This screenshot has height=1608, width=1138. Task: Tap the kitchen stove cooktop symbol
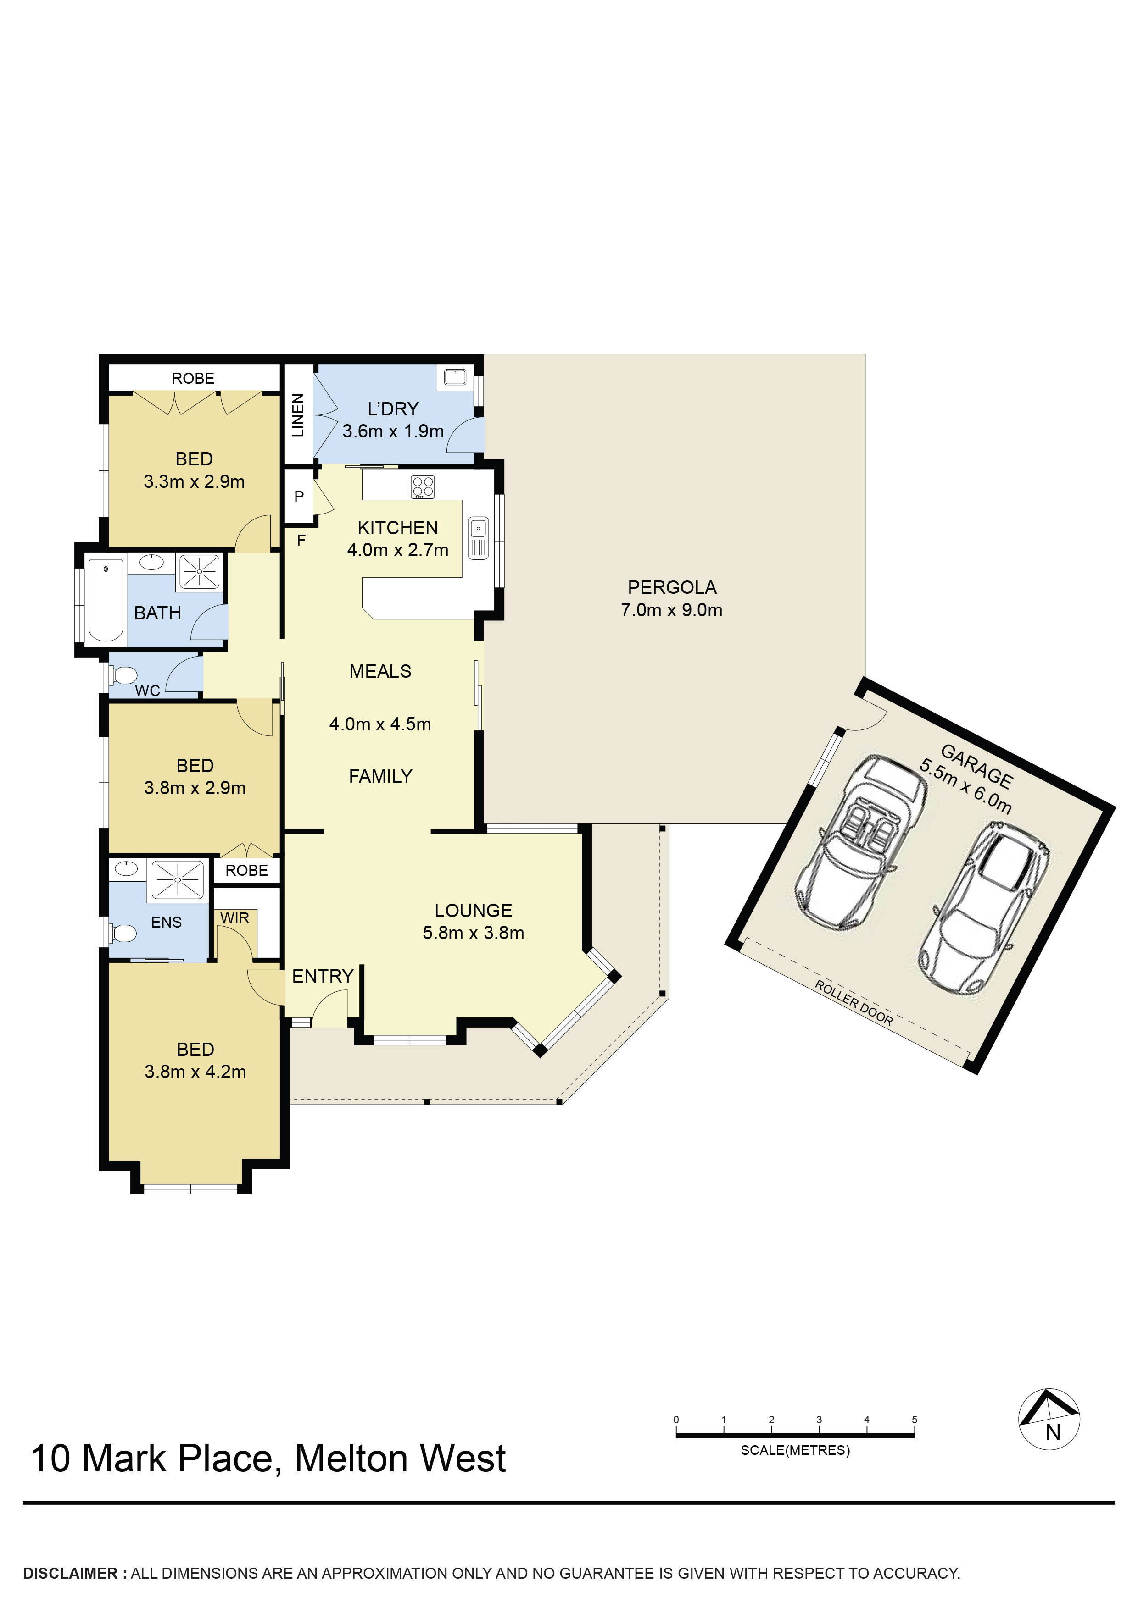coord(423,487)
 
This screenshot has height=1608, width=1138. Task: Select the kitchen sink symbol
coord(478,538)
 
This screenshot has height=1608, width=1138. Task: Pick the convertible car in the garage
coord(862,843)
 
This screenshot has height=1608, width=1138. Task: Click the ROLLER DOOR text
coord(853,1004)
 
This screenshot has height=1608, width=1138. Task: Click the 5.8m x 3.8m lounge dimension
coord(474,933)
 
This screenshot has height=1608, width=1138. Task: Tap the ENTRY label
coord(323,976)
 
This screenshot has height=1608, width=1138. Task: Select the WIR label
coord(235,918)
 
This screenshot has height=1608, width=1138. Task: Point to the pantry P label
coord(299,497)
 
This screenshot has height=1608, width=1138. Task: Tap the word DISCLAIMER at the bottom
coord(71,1573)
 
